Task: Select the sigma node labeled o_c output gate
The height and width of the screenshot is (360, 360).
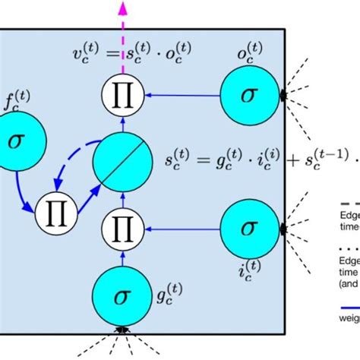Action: click(x=250, y=95)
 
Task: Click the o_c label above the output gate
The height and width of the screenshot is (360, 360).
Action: click(x=250, y=57)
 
